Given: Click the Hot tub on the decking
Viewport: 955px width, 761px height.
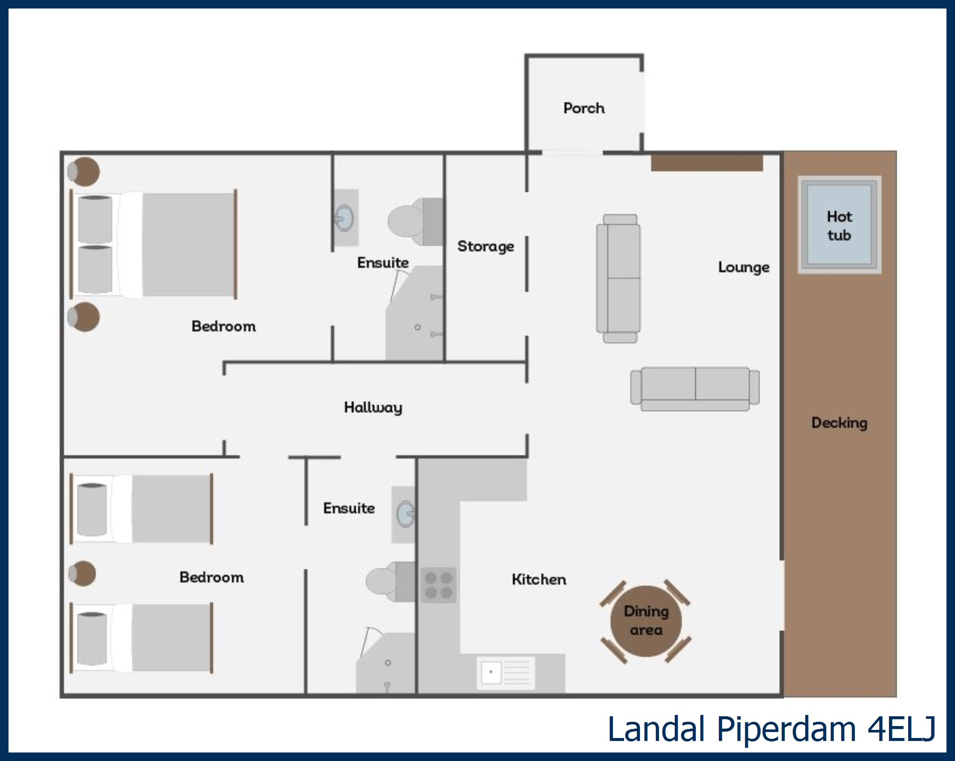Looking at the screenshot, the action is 839,225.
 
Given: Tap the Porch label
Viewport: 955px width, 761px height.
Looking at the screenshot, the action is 584,108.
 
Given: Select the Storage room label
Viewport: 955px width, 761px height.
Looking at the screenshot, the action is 486,247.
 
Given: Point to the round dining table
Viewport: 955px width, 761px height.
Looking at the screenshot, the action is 646,621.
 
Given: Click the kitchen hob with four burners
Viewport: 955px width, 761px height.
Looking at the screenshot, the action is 438,585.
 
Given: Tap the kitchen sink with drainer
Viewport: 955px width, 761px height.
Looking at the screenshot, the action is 505,673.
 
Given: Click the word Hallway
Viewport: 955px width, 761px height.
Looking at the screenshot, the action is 373,407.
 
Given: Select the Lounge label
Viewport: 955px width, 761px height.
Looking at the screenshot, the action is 744,268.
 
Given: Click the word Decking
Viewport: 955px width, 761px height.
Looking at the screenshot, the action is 839,423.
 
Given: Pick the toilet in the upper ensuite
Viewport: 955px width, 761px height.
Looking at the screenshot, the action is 416,221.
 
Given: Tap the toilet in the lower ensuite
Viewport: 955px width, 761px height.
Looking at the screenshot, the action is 391,582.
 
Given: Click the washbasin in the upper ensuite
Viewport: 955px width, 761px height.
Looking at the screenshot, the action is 345,218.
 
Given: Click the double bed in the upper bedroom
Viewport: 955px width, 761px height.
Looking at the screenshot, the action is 153,245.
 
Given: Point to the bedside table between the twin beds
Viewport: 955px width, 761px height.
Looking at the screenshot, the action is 82,574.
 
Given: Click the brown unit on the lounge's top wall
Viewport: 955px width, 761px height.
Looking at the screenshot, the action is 707,162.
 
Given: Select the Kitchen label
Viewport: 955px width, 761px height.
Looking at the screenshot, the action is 539,579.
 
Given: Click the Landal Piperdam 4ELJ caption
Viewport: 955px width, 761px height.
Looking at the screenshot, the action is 771,729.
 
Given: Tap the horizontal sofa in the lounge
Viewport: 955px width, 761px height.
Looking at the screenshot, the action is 695,389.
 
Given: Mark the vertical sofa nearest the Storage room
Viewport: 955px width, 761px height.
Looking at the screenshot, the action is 618,279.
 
